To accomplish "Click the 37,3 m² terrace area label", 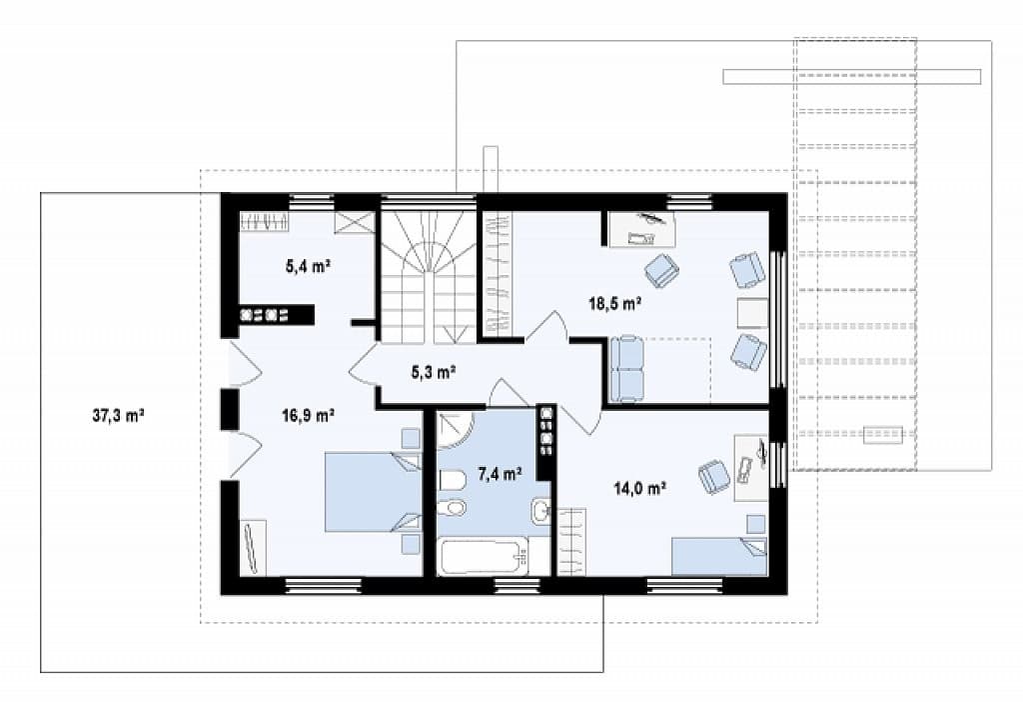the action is [118, 415].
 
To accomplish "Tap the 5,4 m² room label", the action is [309, 266].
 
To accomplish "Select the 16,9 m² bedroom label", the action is [309, 414].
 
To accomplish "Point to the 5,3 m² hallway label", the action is [433, 372].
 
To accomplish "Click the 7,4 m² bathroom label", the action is [500, 474].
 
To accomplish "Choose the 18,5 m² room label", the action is [614, 303].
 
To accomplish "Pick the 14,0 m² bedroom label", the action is [639, 487].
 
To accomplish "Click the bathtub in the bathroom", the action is [483, 556].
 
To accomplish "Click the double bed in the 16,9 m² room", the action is [374, 492].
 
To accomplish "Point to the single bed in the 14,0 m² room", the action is [719, 556].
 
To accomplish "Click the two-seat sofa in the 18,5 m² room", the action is [626, 369].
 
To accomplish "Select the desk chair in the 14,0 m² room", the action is [714, 475].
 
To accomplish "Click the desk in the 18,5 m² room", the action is [642, 229].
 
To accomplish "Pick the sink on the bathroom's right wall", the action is [540, 511].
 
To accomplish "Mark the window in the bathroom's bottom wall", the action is [516, 586].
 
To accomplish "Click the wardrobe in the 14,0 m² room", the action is [571, 542].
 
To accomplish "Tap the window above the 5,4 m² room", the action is [312, 201].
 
